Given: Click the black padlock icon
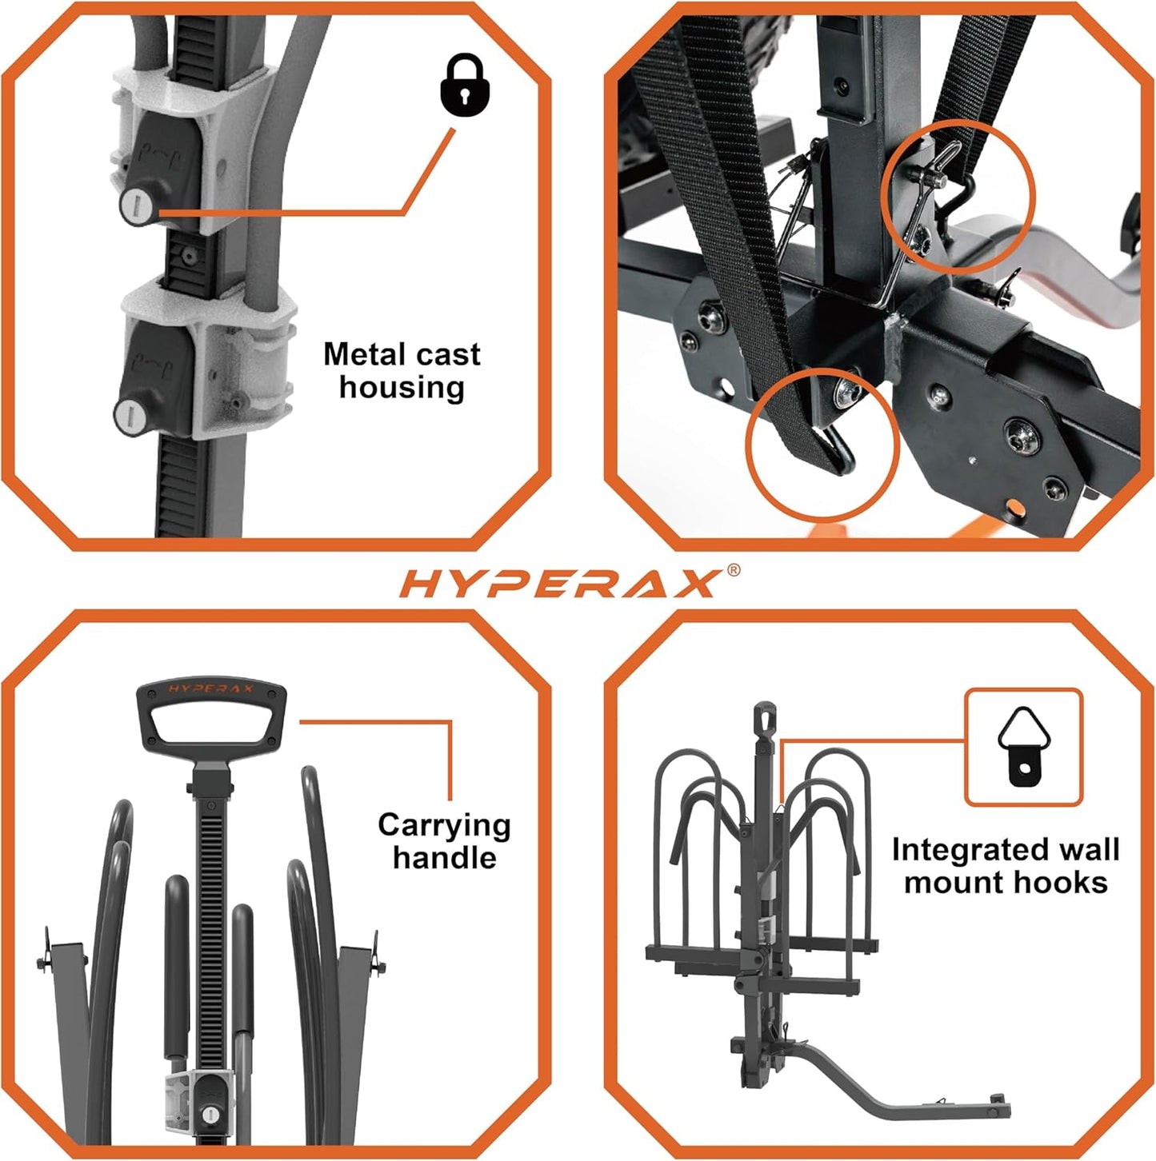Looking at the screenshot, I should point(465,86).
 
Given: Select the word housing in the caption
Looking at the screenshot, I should point(402,388).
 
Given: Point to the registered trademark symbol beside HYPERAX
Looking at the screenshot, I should point(733,570).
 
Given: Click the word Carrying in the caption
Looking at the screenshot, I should point(444,825).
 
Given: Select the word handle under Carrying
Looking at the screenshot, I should point(444,859).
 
